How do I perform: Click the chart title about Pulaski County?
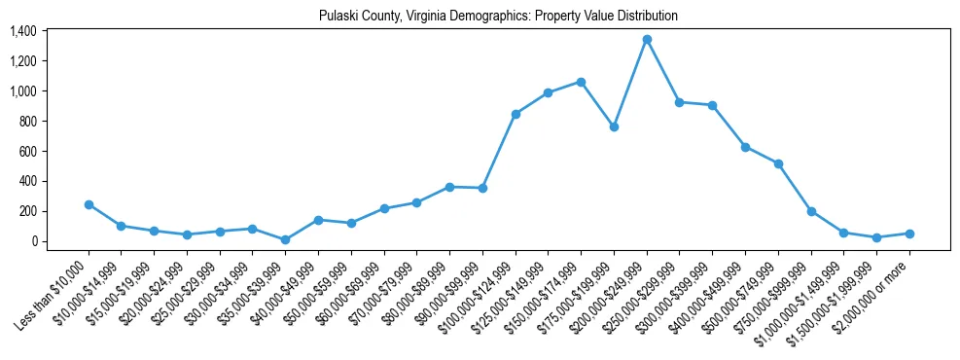pos(498,17)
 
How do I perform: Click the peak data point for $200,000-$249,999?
pos(647,40)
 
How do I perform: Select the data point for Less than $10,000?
pos(89,204)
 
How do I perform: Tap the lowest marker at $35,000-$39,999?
pos(285,239)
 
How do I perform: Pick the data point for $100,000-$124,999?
pos(516,114)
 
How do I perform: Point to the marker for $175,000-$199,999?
pos(614,126)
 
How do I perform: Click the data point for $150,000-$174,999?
pos(581,82)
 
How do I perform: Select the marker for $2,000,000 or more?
pos(909,234)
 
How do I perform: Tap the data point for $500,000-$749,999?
pos(778,163)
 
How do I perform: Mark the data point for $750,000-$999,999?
pos(811,211)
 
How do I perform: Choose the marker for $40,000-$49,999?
pos(318,220)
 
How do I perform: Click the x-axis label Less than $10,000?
pos(56,291)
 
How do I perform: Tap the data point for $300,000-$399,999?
pos(712,105)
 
